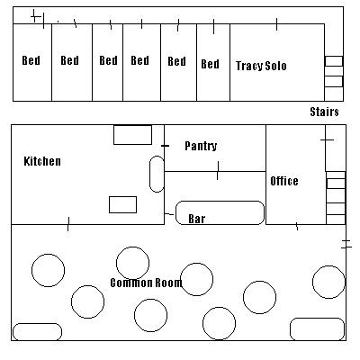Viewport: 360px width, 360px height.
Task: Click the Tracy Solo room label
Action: pos(261,66)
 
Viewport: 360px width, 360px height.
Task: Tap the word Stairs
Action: pos(324,112)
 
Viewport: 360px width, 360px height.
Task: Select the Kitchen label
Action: pos(42,161)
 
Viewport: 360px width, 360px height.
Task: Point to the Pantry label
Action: pos(201,146)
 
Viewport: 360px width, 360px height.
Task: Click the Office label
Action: pos(284,181)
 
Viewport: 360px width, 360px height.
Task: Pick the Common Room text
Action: pos(146,283)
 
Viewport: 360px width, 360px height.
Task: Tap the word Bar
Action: pos(197,219)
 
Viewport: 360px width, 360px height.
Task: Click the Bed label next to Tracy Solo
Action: pos(210,64)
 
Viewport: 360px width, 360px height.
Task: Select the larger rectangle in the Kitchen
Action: pos(132,135)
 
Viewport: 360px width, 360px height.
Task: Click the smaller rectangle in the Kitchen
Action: pos(122,205)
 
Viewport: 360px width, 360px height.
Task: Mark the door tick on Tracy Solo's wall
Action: pos(276,24)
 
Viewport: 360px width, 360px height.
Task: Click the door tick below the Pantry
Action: pos(218,170)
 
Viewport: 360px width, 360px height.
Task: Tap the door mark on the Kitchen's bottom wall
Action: pos(68,224)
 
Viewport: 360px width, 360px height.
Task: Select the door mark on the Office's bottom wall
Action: pos(297,226)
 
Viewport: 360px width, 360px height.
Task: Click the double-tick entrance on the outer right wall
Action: pos(346,244)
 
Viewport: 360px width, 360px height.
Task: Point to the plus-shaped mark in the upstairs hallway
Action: pos(36,16)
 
